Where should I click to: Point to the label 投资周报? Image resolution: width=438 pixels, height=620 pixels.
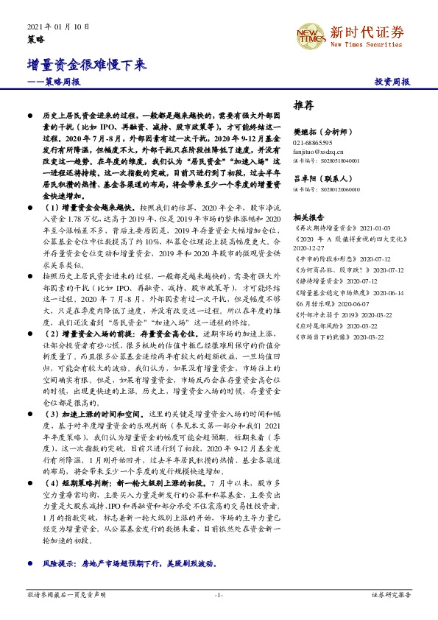[x=392, y=82]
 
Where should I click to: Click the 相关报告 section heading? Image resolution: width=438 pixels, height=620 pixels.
[x=308, y=218]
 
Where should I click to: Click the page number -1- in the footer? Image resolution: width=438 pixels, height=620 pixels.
[x=219, y=593]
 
